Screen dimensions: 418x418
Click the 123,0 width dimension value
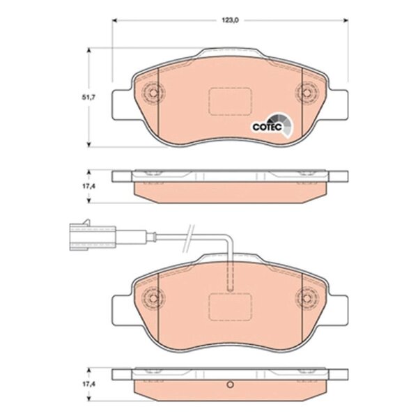click(231, 20)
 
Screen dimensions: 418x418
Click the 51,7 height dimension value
click(88, 98)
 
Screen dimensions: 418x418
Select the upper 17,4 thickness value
click(88, 186)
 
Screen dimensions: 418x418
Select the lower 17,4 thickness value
click(88, 384)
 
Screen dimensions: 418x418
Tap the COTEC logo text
click(267, 127)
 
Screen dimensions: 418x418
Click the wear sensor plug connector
click(93, 235)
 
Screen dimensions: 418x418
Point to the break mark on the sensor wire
click(188, 238)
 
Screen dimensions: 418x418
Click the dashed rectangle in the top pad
click(231, 102)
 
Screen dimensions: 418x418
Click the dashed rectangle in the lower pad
click(231, 307)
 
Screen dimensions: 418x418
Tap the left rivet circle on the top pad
click(153, 93)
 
